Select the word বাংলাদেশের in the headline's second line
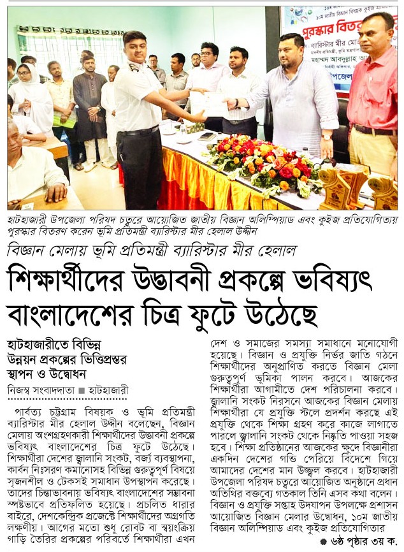click(x=76, y=314)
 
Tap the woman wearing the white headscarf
click(x=29, y=96)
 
